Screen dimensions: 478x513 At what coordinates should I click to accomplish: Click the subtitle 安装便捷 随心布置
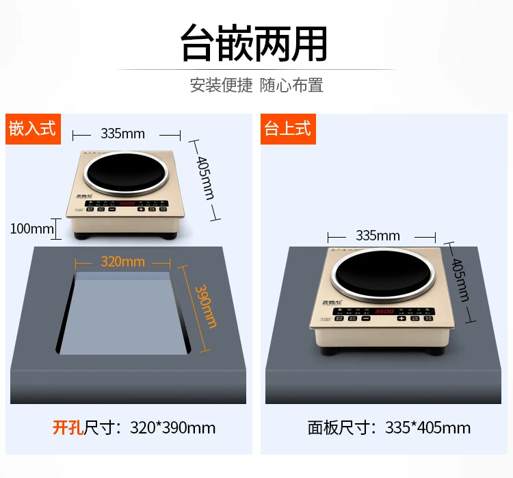coord(256,86)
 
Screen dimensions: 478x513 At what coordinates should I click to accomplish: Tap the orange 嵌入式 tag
coord(32,128)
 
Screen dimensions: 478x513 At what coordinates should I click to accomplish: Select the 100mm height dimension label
coord(31,228)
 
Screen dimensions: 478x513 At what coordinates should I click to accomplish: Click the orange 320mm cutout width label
coord(123,262)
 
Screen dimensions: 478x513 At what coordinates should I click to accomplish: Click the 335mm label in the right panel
coord(378,236)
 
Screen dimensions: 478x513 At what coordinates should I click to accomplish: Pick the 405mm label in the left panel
coord(206,179)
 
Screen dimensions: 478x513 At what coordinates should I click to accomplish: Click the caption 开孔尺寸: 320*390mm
coord(134,429)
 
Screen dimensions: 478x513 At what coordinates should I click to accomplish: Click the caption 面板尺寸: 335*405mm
coord(389,429)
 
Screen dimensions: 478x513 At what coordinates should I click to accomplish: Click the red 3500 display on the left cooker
coord(127,203)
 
